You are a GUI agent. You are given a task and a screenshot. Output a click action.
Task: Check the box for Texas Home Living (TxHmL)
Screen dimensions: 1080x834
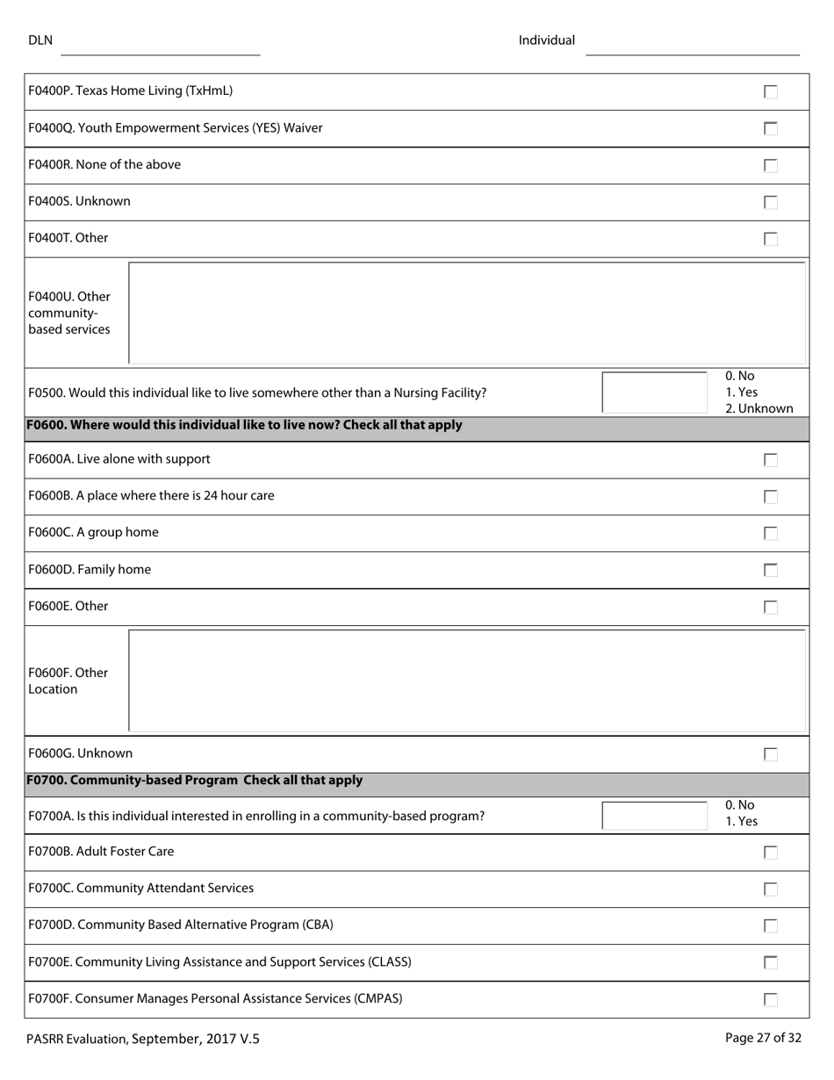pos(771,92)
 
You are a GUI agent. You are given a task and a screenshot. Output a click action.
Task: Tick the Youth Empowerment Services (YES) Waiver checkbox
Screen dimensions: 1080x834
pos(771,129)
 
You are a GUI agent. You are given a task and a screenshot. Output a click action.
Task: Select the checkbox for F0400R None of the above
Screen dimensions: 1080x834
pos(771,166)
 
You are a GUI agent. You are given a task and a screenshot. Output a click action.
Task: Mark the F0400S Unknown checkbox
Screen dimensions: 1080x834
pos(771,203)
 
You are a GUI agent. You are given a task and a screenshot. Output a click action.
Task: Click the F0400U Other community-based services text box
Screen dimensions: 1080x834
pos(466,313)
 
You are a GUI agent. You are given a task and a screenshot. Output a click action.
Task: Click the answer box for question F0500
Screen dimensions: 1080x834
pos(654,392)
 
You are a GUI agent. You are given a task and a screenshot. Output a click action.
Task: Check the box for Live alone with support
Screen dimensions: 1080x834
pos(771,460)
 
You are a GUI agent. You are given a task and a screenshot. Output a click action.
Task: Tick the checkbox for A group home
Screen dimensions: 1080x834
pos(771,534)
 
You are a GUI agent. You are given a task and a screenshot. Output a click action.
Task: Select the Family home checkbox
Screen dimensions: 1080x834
pos(771,571)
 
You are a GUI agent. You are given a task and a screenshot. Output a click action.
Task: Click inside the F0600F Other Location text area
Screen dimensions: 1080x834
pos(466,680)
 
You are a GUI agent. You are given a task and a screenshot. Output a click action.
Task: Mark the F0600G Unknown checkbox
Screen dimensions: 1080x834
pos(771,754)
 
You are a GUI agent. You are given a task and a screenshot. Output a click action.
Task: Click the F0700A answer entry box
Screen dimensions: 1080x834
pos(654,816)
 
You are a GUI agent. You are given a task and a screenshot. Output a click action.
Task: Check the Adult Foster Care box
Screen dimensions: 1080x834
pos(771,853)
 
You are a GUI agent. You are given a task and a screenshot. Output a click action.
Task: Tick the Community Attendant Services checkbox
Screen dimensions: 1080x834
pos(771,889)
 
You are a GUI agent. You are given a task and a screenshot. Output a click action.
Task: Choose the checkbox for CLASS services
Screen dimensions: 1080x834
pos(771,963)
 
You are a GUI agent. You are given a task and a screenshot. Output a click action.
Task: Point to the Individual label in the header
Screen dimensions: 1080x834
pos(546,40)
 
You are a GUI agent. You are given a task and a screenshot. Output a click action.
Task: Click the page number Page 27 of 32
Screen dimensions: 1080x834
pos(763,1038)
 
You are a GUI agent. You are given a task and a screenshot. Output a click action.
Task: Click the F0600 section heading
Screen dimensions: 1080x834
pos(244,426)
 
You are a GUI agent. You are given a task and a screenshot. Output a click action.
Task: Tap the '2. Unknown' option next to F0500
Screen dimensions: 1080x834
pos(759,409)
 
